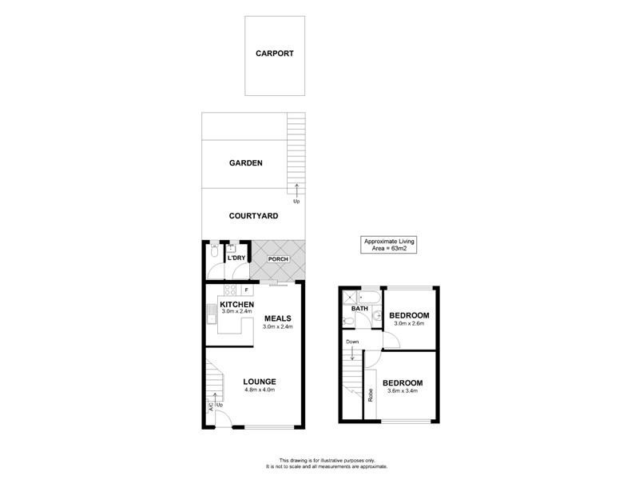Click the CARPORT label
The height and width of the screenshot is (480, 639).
coord(275,54)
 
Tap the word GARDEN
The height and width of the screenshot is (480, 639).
coord(246,162)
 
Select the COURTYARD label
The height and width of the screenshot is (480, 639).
coord(253,216)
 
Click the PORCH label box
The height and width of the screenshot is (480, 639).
coord(278,259)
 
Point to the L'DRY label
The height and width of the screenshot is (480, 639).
coord(236,258)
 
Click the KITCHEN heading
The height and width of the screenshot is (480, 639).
coord(237,305)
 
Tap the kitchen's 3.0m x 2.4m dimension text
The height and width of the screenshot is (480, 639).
coord(237,313)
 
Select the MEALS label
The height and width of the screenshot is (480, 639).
coord(278,318)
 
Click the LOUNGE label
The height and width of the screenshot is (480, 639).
coord(260,382)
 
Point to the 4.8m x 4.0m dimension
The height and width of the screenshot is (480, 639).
coord(260,390)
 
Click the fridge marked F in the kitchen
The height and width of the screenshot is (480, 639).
coord(247,290)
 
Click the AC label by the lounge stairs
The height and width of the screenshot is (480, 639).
coord(211,406)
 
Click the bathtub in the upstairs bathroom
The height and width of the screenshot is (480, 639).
coord(356,298)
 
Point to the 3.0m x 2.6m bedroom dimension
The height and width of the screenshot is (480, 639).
coord(410,323)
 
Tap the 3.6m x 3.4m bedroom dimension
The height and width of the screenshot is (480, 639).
coord(403,392)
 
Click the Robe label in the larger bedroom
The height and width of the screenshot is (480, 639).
coord(371,394)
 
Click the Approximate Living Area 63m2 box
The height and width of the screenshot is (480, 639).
coord(390,245)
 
